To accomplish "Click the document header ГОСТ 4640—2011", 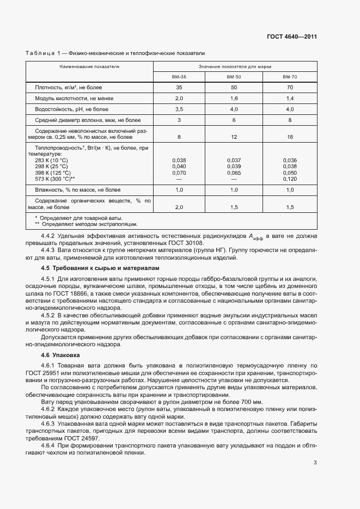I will tap(292, 37).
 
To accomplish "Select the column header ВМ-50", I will tap(234, 77).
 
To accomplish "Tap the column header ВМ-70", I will tap(290, 77).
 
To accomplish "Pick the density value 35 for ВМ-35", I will tap(179, 87).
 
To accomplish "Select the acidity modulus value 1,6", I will tap(234, 98).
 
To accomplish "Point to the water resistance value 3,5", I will tap(179, 109).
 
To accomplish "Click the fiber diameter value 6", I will tap(234, 120).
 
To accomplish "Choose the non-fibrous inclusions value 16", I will tap(290, 137).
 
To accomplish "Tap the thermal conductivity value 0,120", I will tap(290, 179).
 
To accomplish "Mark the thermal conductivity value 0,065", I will tap(234, 172).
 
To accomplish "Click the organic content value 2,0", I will tap(179, 207).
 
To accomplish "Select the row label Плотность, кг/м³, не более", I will tap(68, 87).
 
